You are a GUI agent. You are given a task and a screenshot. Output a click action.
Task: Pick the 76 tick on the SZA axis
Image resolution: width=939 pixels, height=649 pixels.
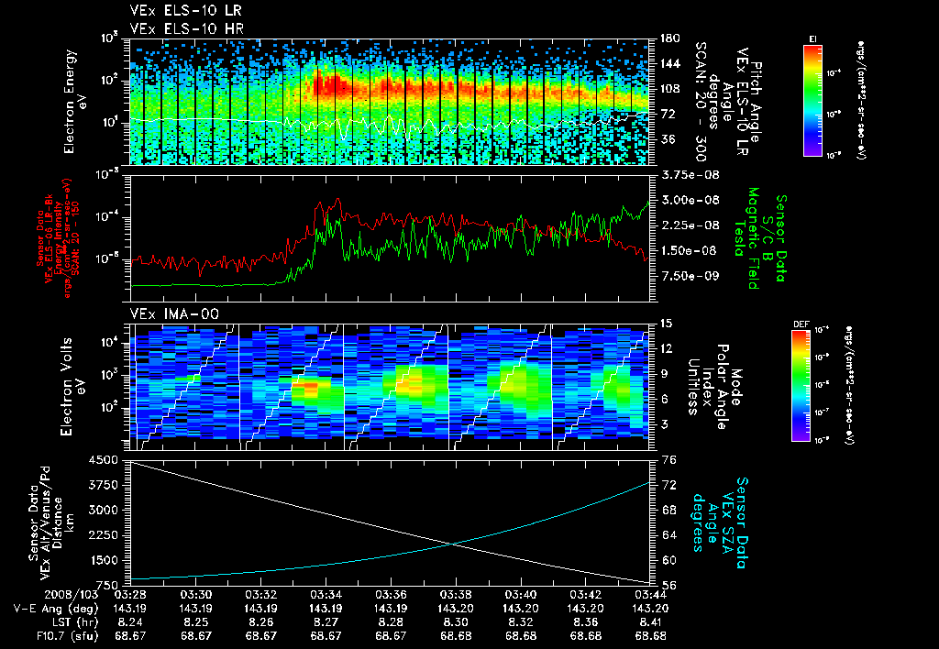pos(668,460)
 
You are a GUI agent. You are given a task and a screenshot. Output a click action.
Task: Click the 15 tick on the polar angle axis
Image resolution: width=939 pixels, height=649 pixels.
pos(667,324)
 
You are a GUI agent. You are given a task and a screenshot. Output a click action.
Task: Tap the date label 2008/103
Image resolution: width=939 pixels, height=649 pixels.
pos(35,594)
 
